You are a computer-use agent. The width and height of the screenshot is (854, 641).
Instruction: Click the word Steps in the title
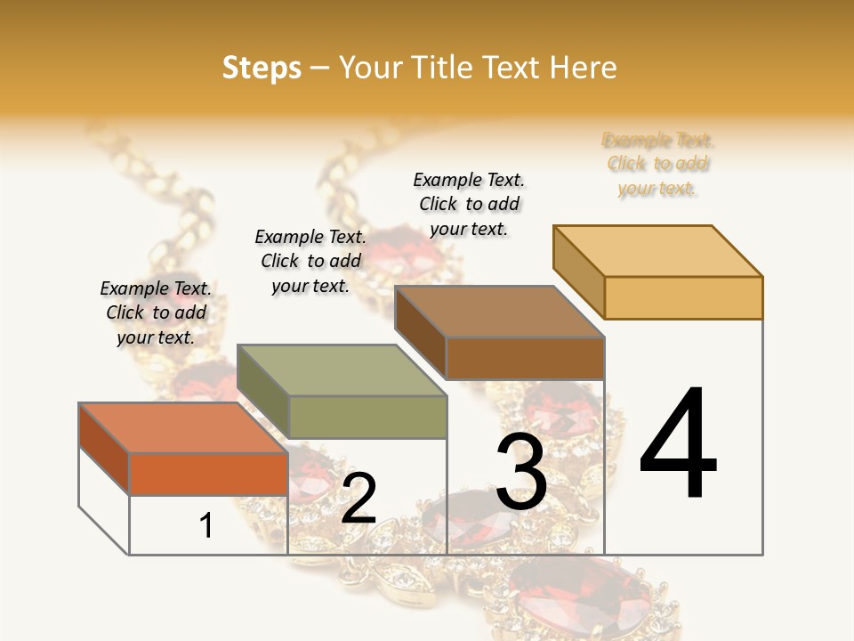click(262, 68)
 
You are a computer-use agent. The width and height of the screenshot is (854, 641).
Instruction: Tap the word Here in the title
click(584, 68)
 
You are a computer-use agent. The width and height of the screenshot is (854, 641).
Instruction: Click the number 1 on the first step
click(206, 525)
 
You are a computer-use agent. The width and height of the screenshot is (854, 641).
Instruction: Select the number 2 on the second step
click(359, 499)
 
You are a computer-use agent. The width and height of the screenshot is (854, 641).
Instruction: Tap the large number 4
click(679, 445)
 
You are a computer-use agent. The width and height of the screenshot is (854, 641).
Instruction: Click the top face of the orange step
click(182, 427)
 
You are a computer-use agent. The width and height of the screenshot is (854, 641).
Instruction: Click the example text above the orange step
click(156, 312)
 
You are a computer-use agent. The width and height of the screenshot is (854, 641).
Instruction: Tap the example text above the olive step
click(310, 261)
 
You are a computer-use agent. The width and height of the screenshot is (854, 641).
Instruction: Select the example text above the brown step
click(469, 204)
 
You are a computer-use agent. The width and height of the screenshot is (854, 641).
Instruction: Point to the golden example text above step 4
click(657, 164)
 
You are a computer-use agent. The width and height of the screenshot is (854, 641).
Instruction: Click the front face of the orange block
click(208, 474)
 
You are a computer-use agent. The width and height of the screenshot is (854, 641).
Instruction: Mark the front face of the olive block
click(367, 417)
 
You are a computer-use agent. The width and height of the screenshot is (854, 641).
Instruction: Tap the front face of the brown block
click(525, 359)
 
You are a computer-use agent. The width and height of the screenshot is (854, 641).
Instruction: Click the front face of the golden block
click(683, 297)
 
